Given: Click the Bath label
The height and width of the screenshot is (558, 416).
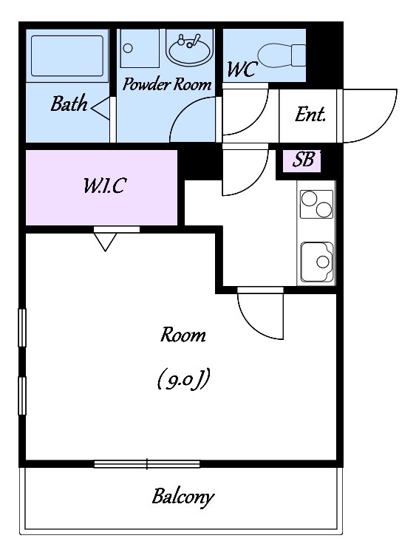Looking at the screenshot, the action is (69, 104).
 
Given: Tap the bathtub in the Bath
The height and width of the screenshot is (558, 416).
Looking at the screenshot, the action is (67, 56).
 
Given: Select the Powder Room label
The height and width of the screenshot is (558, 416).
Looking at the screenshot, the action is (167, 84).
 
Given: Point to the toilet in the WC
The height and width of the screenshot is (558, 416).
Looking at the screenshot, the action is (281, 55).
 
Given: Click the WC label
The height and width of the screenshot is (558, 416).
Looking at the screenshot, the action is (242, 69).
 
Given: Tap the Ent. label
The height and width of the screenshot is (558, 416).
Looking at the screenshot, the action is (310, 115).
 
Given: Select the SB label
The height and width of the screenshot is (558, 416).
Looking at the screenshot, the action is (304, 160).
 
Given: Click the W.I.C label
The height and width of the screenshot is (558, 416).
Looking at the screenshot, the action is (105, 186).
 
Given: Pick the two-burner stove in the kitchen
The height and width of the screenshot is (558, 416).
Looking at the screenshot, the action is (316, 204).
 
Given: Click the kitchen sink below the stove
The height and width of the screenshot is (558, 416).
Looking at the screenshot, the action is (317, 262).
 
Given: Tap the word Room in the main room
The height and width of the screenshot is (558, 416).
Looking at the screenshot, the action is (183, 335).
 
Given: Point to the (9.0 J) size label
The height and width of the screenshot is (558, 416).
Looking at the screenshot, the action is (183, 379).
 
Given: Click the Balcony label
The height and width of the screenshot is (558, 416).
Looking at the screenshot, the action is (183, 497).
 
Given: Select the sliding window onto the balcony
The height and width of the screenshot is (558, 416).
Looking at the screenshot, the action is (147, 464).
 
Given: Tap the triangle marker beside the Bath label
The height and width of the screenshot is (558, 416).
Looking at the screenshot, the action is (100, 107).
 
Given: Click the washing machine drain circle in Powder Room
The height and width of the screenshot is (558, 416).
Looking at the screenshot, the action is (128, 48).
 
